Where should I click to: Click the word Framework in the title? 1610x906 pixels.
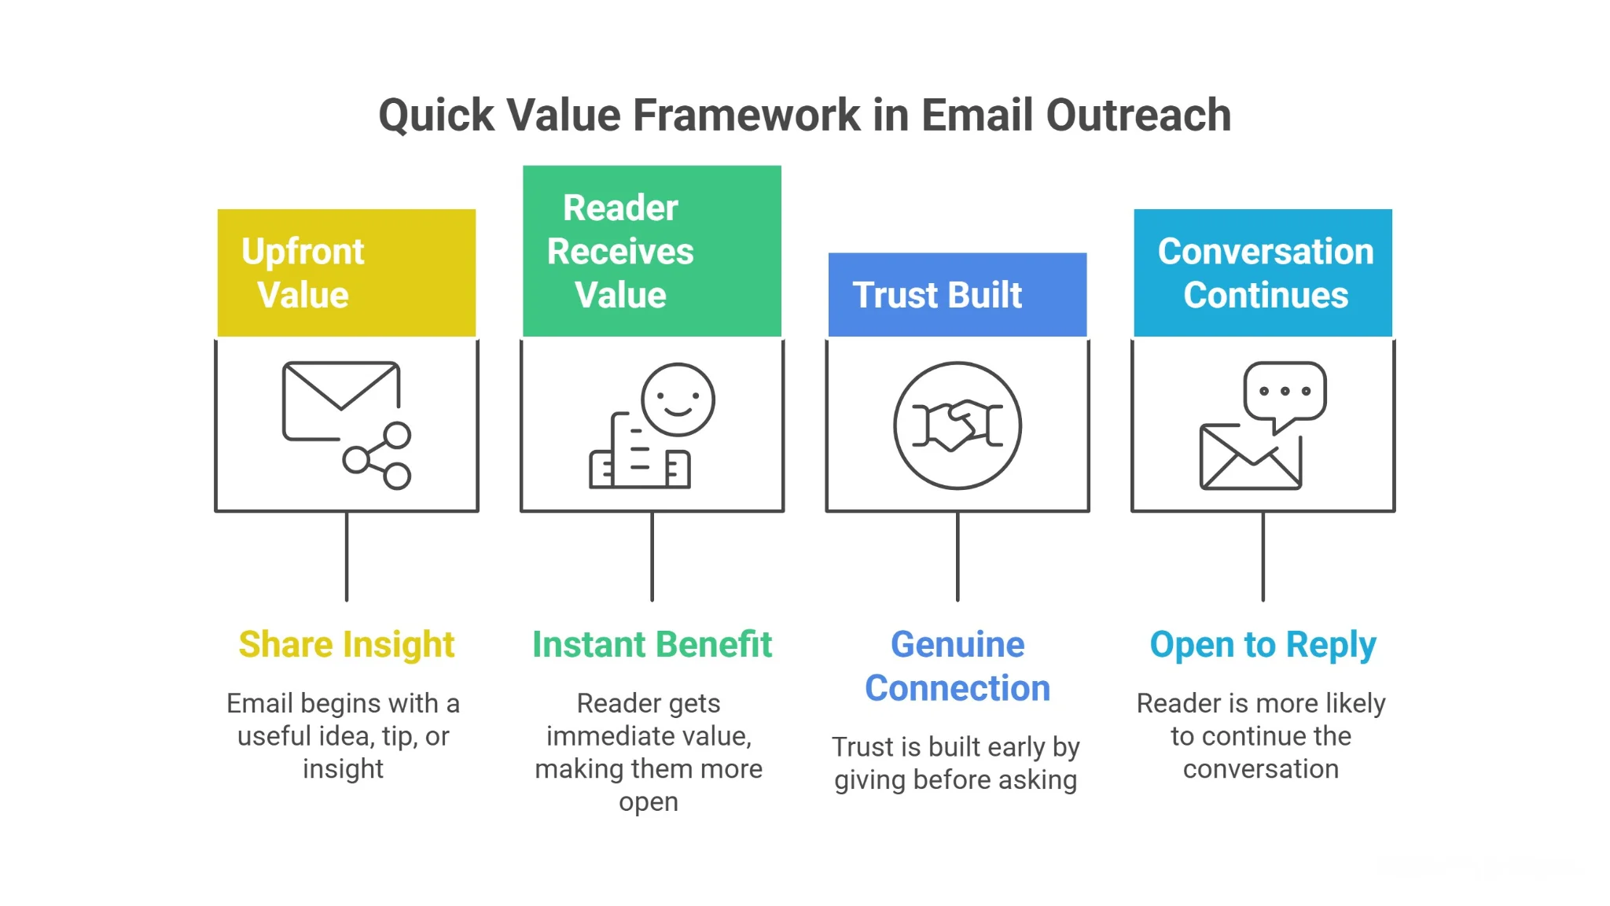click(746, 116)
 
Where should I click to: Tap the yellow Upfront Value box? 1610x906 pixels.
click(346, 273)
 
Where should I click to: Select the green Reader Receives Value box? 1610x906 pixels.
click(652, 251)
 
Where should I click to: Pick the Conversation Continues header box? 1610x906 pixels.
click(1263, 273)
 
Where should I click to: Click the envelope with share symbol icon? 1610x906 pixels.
click(346, 425)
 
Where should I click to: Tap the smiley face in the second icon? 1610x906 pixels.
click(678, 400)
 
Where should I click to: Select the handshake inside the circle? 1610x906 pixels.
click(957, 425)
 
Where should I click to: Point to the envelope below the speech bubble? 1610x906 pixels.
click(1249, 459)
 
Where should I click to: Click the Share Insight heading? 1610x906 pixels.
click(346, 644)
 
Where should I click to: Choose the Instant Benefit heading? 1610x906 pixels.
click(652, 644)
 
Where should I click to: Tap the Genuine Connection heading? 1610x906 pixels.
click(957, 666)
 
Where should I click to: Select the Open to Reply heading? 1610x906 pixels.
click(1263, 644)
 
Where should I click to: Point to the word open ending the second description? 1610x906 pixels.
click(648, 802)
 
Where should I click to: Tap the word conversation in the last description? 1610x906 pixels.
click(1260, 769)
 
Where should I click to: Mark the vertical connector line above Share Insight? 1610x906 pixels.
click(347, 557)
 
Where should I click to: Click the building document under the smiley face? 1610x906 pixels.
click(638, 456)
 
